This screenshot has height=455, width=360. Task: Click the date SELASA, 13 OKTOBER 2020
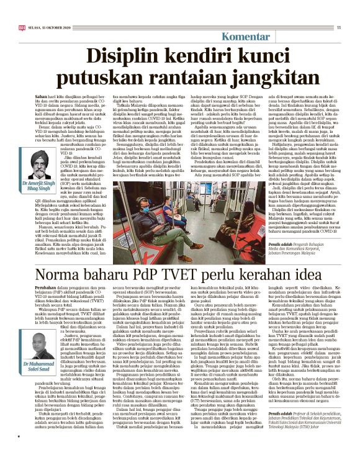click(52, 27)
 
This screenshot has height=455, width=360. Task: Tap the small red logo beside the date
click(23, 27)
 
